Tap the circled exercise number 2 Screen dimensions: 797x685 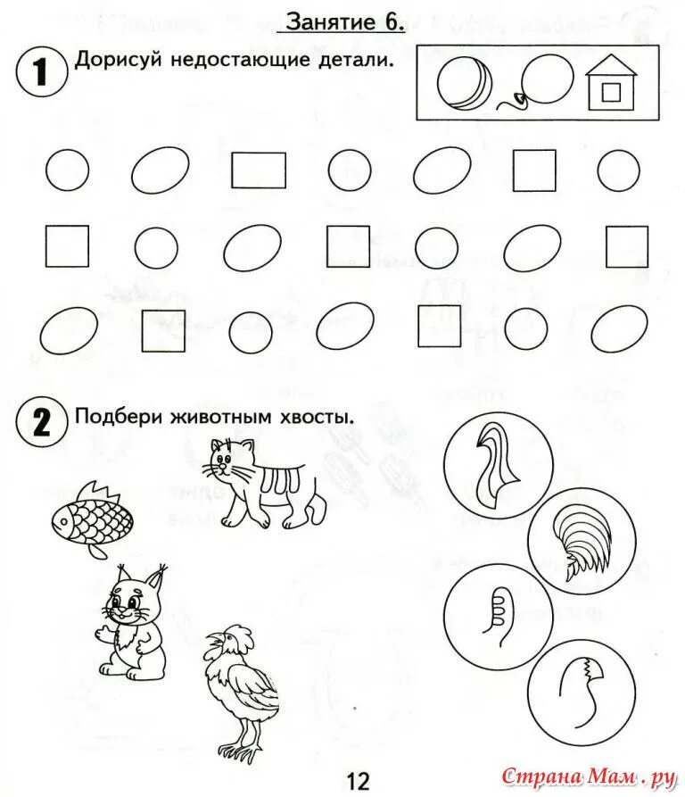[x=41, y=419]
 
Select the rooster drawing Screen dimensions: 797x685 [x=239, y=687]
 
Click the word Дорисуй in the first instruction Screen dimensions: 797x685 [x=111, y=62]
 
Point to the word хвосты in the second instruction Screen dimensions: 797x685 [x=318, y=416]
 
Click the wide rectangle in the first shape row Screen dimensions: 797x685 [x=259, y=170]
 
